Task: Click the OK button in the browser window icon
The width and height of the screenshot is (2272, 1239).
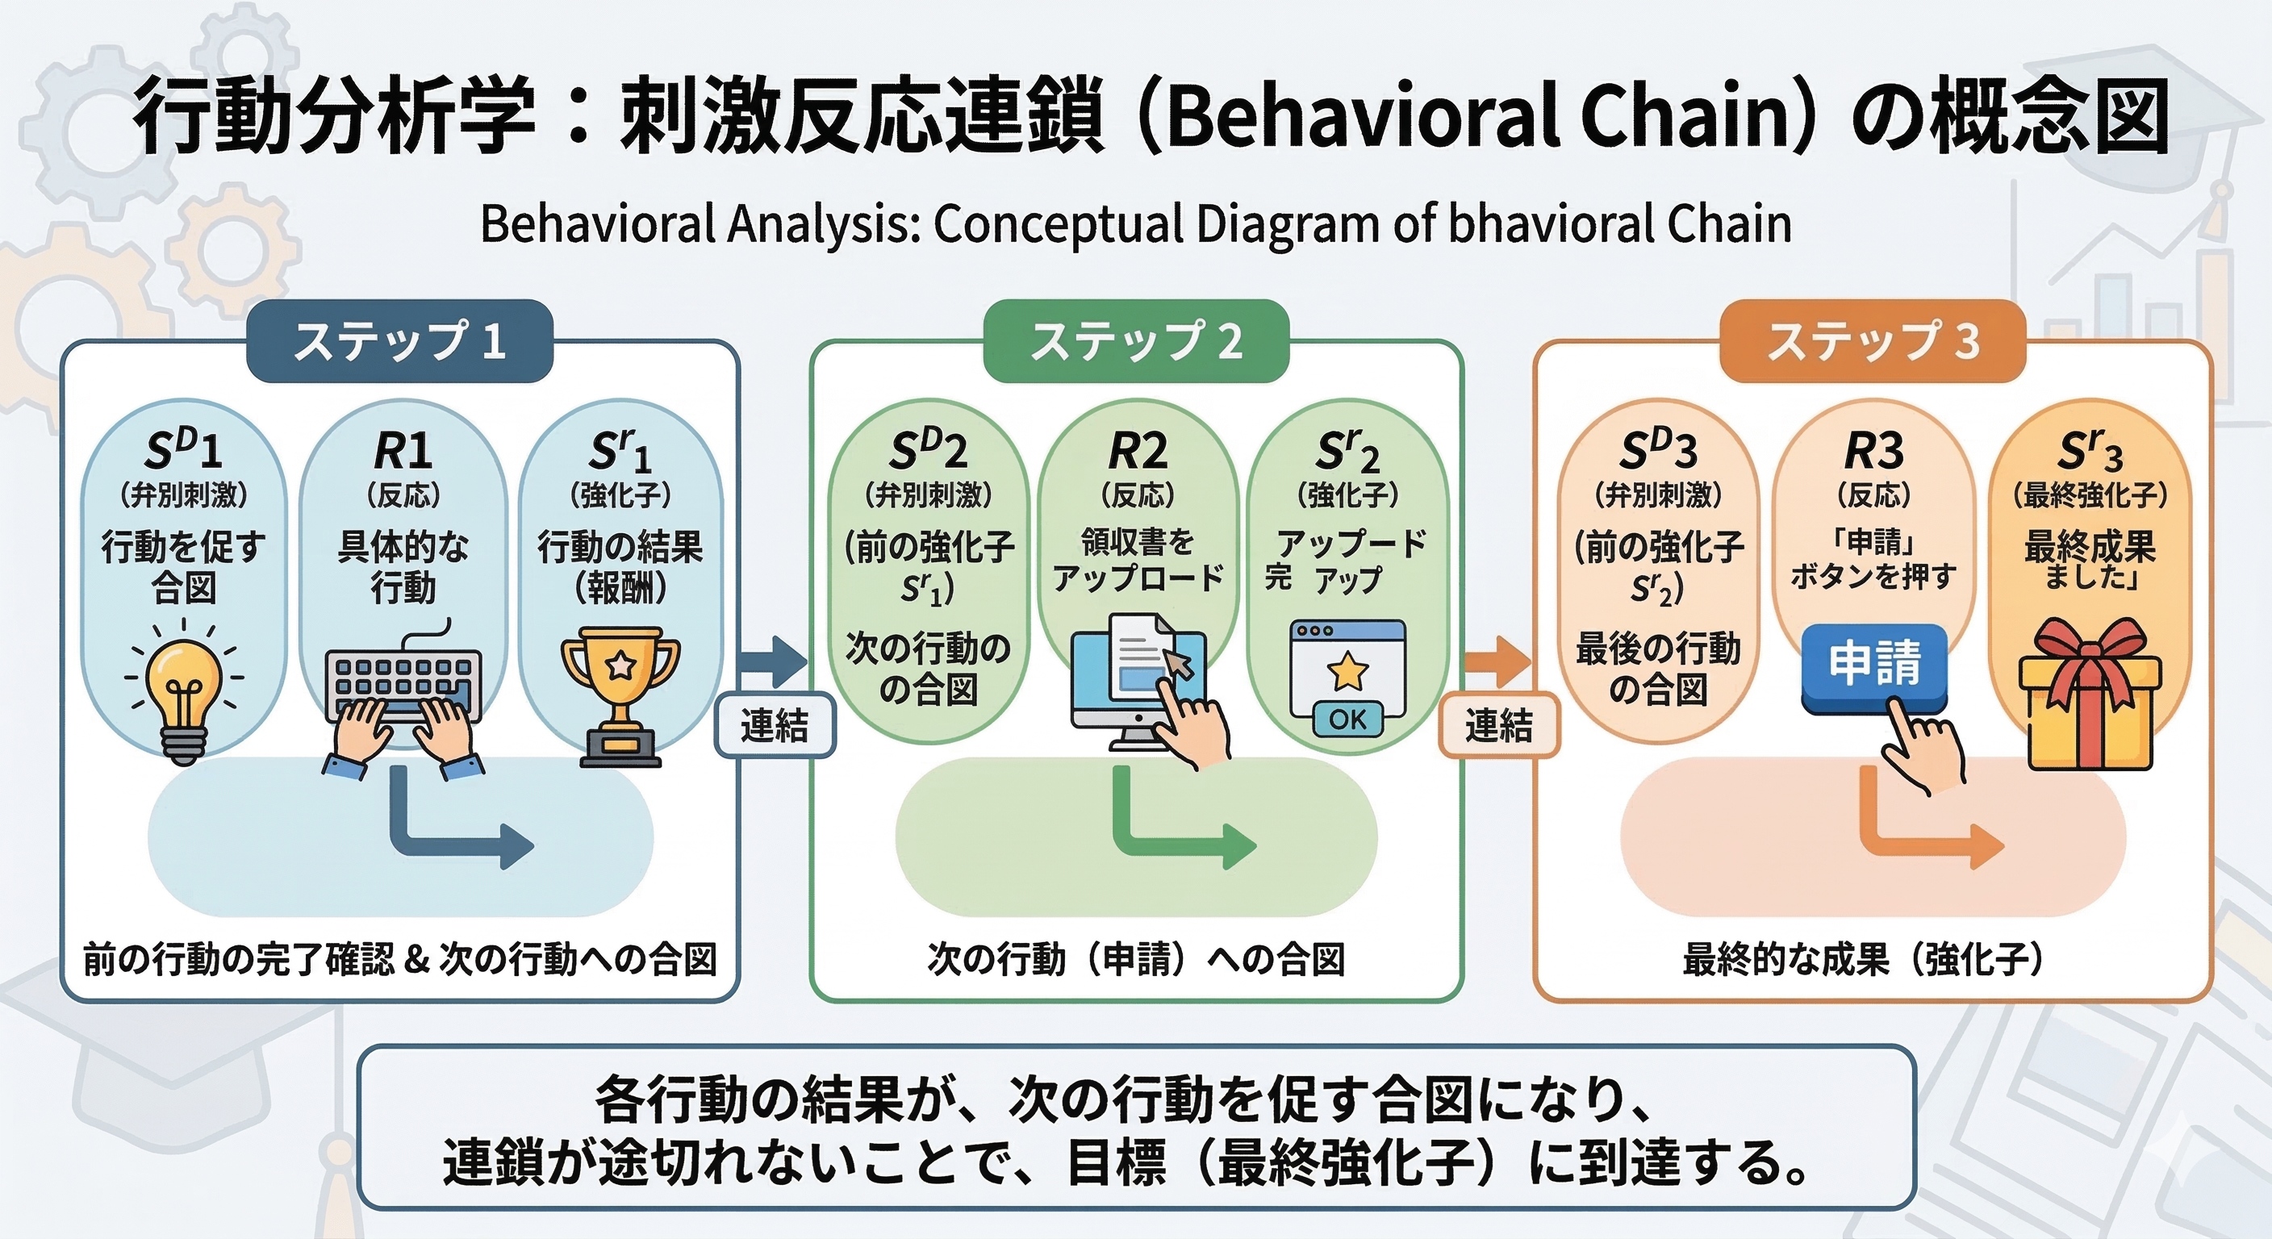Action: [1347, 720]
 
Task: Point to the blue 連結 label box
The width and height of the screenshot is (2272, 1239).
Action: [775, 726]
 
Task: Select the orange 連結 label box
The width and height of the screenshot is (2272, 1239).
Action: [1498, 726]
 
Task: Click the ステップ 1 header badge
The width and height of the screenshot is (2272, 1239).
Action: [399, 341]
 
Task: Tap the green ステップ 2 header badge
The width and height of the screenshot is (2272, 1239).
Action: [1136, 341]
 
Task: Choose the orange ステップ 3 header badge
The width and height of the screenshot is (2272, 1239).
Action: [1873, 341]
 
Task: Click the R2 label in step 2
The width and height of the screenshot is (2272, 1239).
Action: [1138, 453]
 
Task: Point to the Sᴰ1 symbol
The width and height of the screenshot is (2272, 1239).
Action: [183, 450]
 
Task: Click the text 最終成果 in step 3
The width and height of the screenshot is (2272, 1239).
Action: [2090, 547]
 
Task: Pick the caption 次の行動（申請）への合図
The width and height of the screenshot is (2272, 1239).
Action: [1136, 959]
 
